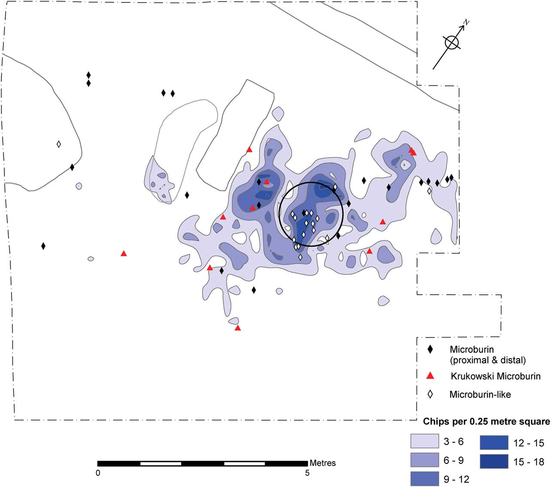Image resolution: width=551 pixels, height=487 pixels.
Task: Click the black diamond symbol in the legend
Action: coord(430,349)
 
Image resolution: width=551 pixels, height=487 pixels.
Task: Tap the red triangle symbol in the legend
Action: coord(430,376)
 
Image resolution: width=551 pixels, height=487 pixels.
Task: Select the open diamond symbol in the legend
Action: coord(430,394)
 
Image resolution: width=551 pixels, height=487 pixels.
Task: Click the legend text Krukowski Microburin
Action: coord(495,376)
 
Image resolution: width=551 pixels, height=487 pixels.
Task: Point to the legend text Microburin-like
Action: coord(480,394)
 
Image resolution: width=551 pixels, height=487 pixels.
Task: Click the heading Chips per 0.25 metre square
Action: coord(486,421)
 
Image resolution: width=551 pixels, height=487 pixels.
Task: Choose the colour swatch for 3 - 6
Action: coord(424,441)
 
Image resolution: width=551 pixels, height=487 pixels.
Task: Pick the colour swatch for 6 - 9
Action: coord(424,460)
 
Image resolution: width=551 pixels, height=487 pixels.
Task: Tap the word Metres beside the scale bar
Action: coord(323,463)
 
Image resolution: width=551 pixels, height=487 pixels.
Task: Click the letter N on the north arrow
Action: coord(466,22)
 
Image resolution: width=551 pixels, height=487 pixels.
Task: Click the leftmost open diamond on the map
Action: coord(59,144)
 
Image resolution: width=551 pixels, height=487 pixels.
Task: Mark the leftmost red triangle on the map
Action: coord(124,254)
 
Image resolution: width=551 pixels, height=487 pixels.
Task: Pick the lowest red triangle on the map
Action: coord(237,328)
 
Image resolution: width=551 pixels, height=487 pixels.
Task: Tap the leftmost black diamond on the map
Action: coord(43,246)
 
